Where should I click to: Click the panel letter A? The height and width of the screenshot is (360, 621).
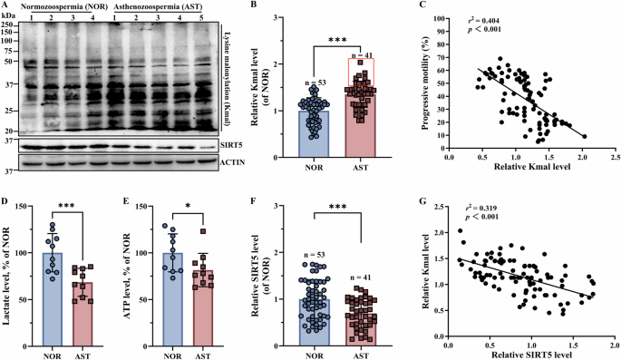tap(5, 5)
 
